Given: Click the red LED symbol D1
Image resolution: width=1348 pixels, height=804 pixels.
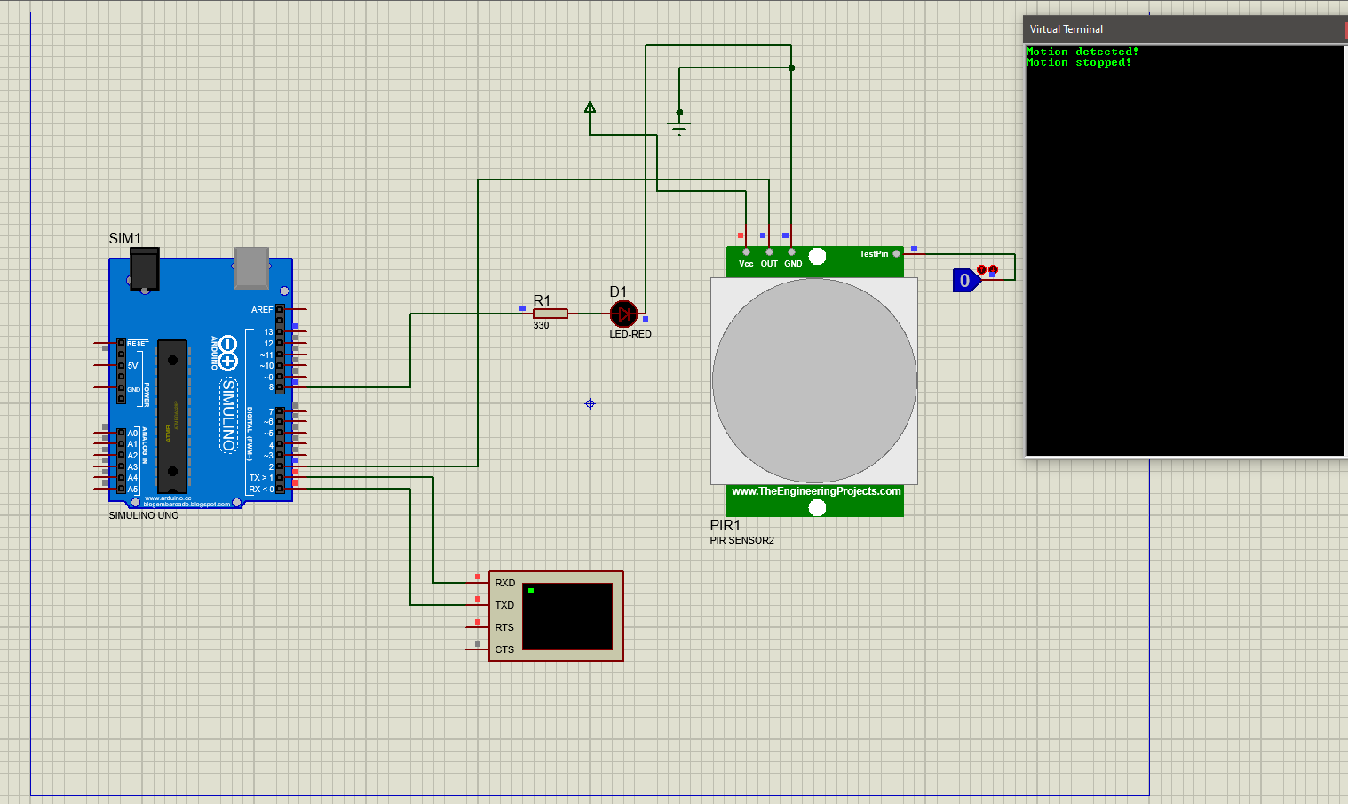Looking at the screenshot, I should pyautogui.click(x=623, y=314).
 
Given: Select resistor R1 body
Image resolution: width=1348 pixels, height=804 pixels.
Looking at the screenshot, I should pyautogui.click(x=551, y=314).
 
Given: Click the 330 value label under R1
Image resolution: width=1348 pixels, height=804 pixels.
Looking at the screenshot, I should pyautogui.click(x=541, y=326).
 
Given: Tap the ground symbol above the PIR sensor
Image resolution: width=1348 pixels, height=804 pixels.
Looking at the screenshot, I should pyautogui.click(x=679, y=125).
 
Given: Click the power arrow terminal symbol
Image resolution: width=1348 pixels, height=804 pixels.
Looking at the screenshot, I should pyautogui.click(x=590, y=108).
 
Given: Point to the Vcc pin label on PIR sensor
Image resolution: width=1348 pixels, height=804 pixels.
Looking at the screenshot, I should pyautogui.click(x=746, y=264).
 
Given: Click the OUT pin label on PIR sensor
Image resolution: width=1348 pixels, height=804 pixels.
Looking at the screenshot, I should pyautogui.click(x=769, y=264).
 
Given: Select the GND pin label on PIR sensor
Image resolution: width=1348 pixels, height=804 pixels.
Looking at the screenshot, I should pyautogui.click(x=793, y=264).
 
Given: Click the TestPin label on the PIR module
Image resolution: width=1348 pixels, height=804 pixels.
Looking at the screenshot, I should pyautogui.click(x=873, y=254).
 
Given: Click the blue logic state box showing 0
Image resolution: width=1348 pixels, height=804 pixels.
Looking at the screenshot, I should pyautogui.click(x=965, y=281).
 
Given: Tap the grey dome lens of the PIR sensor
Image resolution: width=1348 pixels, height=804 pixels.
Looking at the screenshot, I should pyautogui.click(x=814, y=381).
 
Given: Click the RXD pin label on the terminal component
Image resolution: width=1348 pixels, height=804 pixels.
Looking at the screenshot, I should pyautogui.click(x=504, y=584).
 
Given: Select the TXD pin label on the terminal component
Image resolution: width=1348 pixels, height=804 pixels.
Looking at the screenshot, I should pyautogui.click(x=504, y=606).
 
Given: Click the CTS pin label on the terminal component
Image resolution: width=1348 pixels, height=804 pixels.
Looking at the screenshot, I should pyautogui.click(x=504, y=650).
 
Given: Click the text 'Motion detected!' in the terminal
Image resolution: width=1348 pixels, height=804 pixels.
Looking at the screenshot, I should pyautogui.click(x=1082, y=52).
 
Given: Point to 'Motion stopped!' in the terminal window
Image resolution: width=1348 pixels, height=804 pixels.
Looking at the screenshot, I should pyautogui.click(x=1078, y=63).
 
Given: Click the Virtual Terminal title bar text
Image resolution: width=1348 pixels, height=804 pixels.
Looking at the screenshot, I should pyautogui.click(x=1066, y=29).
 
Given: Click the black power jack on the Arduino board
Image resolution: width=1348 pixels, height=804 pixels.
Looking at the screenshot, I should pyautogui.click(x=144, y=268).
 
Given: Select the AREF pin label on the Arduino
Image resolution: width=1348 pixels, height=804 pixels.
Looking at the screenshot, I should pyautogui.click(x=262, y=310).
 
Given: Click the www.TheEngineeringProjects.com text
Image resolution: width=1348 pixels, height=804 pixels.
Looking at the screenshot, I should pyautogui.click(x=815, y=491).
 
